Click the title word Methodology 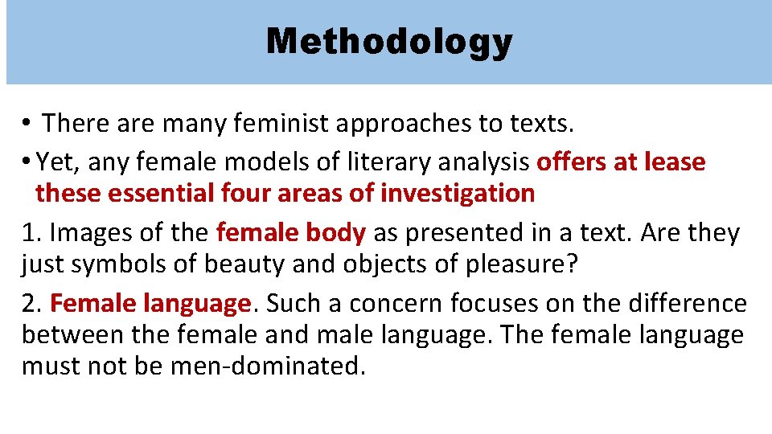[388, 42]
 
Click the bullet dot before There [27, 124]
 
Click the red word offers [572, 162]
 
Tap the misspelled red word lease [675, 162]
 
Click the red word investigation [458, 194]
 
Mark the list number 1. [30, 232]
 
